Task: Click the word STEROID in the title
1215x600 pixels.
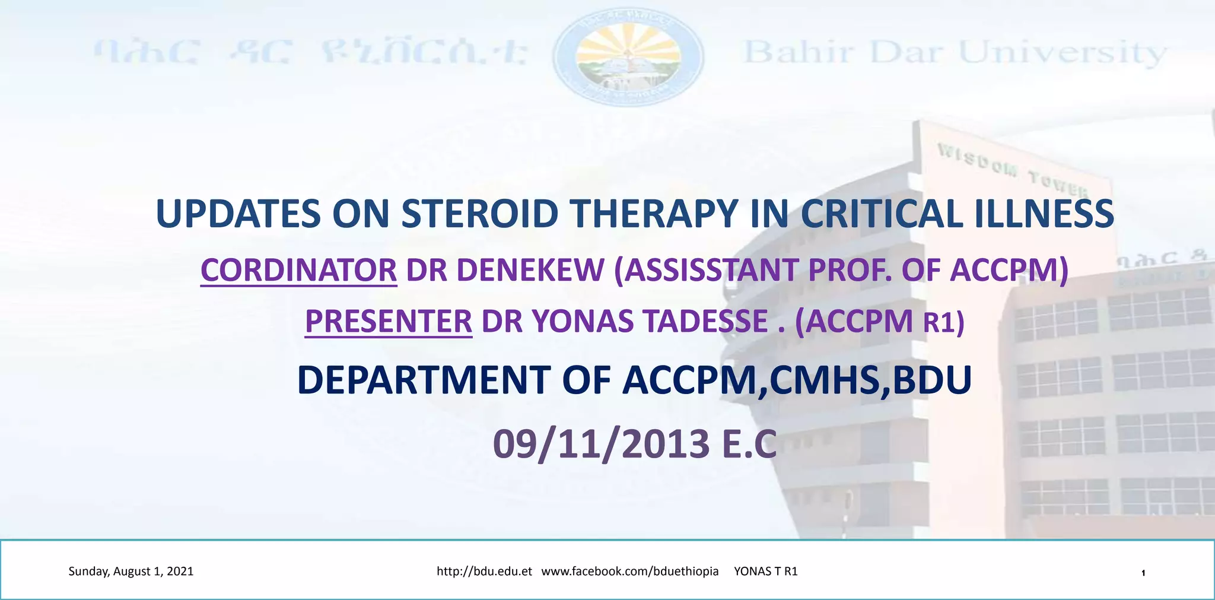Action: tap(479, 214)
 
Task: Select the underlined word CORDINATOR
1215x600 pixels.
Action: tap(298, 271)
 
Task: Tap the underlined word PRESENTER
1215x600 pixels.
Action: tap(389, 322)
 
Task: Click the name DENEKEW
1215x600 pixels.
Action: tap(530, 271)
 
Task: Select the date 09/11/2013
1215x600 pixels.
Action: tap(601, 445)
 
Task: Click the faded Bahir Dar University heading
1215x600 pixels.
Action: tap(955, 53)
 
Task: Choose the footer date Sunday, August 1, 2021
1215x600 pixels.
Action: tap(131, 572)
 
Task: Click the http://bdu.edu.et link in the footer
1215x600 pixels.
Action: tap(484, 572)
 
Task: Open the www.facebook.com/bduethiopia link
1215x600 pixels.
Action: tap(630, 572)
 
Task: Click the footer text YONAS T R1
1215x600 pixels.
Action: tap(766, 572)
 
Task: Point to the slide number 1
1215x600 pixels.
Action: tap(1143, 573)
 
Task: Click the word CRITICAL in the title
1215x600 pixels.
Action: tap(882, 214)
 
